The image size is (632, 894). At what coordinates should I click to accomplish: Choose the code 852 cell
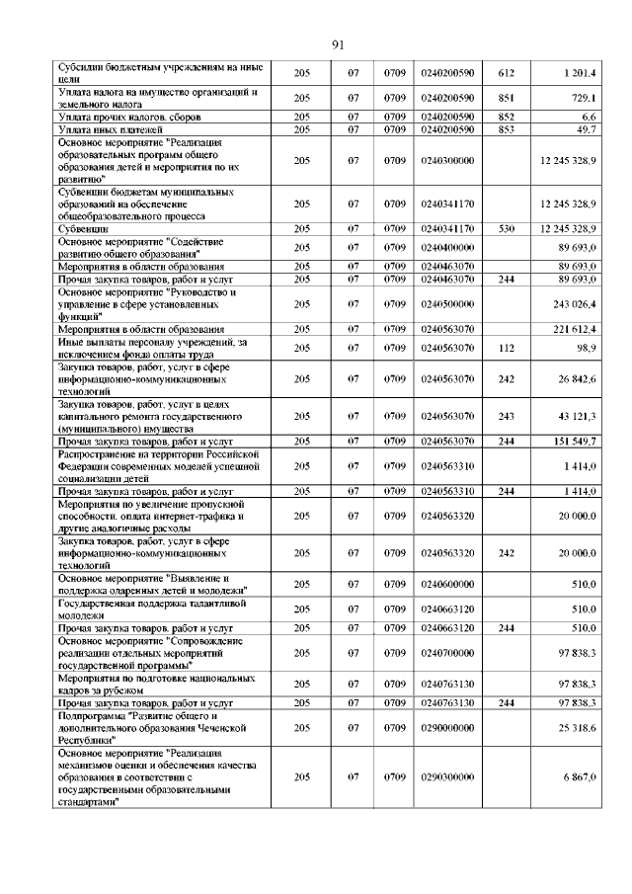[507, 117]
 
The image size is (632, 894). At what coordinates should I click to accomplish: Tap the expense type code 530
[507, 228]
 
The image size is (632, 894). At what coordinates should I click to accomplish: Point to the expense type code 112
[507, 348]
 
